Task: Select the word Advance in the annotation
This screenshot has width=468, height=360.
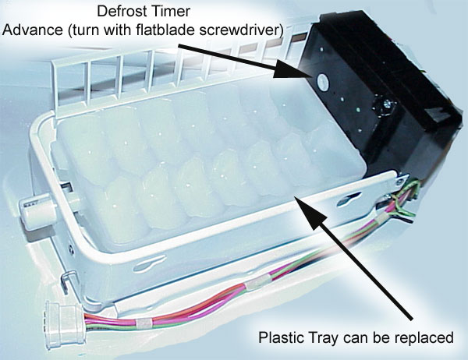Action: (x=32, y=30)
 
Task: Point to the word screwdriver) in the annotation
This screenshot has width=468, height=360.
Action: (x=240, y=30)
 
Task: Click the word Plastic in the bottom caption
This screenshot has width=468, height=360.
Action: (x=278, y=337)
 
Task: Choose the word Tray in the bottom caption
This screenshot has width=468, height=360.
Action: (x=315, y=338)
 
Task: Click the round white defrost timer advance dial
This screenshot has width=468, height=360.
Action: (x=323, y=80)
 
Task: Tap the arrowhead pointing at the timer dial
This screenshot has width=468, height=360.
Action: (x=289, y=69)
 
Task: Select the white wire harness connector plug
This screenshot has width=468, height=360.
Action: (x=64, y=323)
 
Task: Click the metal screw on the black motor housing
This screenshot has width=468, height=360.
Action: (x=388, y=104)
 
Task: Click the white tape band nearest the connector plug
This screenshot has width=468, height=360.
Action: (x=143, y=323)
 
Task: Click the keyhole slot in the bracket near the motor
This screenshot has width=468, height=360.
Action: (x=349, y=199)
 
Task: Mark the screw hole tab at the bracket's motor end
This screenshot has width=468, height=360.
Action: (x=399, y=179)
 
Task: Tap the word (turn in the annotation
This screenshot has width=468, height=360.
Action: (x=80, y=30)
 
